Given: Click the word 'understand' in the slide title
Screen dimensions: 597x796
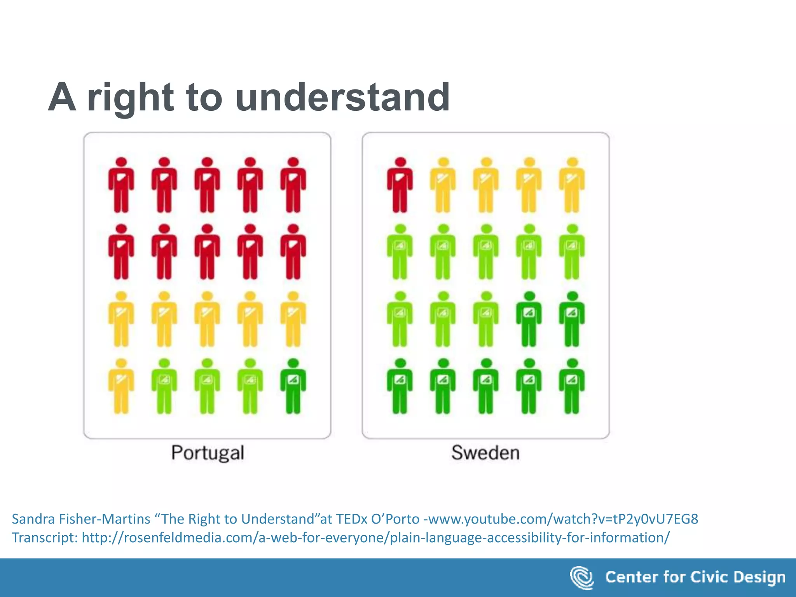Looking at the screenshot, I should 342,97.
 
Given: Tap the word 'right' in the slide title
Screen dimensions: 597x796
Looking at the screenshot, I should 130,98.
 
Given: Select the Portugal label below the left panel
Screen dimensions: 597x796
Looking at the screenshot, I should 208,453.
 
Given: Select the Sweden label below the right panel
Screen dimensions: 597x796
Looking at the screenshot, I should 485,453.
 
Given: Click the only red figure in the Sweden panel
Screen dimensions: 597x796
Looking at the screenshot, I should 400,185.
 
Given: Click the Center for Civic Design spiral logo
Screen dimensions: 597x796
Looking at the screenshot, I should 582,578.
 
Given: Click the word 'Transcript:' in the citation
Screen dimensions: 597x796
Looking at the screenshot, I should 45,538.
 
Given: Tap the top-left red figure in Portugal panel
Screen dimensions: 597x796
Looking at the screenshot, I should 121,185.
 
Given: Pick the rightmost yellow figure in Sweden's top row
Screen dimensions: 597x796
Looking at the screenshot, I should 572,185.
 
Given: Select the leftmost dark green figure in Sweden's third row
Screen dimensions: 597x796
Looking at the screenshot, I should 529,319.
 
